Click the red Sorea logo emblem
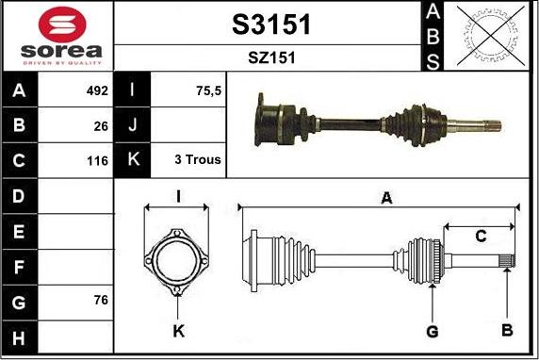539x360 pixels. (62, 25)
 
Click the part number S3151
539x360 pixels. (271, 25)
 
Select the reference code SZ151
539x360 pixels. (271, 57)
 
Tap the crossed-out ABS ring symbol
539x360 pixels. (491, 36)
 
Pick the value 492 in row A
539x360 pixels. (97, 90)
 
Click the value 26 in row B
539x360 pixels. (101, 126)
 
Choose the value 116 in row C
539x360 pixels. (98, 160)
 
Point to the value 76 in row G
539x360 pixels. (101, 300)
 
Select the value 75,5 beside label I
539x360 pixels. (208, 91)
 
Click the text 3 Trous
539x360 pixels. (198, 159)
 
